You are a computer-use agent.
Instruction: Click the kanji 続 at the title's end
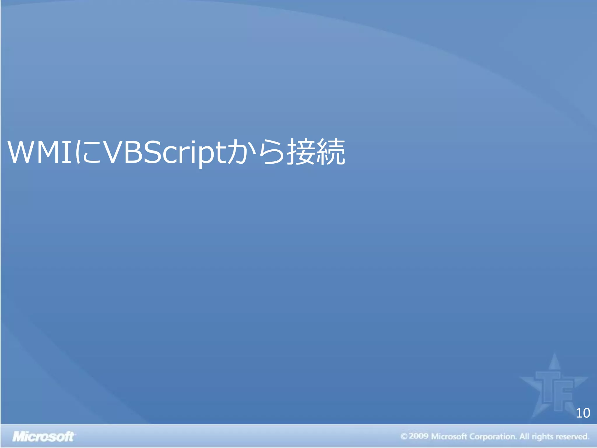point(331,152)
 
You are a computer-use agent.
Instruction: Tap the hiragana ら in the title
point(271,152)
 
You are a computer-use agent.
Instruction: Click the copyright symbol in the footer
point(404,437)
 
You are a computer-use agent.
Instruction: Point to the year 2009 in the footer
point(419,436)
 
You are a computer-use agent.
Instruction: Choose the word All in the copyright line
point(524,436)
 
